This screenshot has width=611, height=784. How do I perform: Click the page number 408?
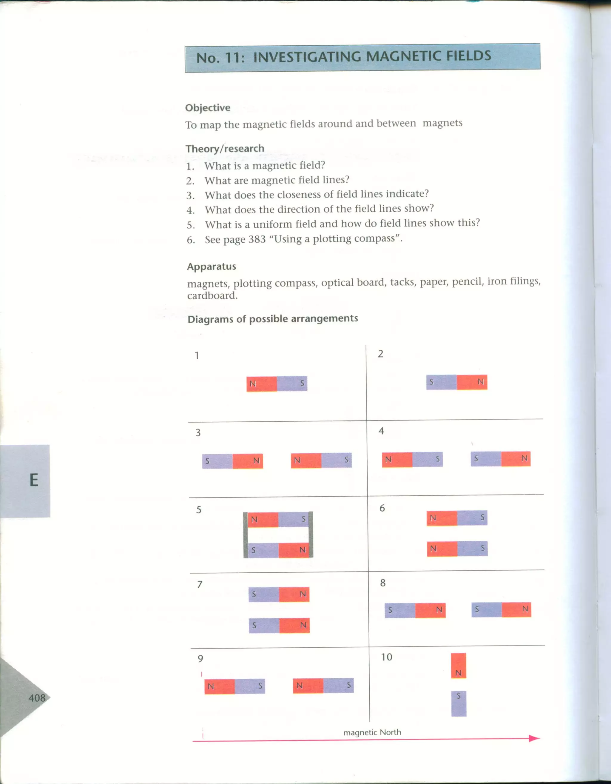coord(37,698)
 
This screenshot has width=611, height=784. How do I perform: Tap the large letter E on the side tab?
coord(34,480)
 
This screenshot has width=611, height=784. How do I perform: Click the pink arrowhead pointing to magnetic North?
coord(534,738)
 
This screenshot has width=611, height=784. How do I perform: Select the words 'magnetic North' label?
coord(372,732)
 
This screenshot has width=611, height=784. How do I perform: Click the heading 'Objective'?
coord(208,108)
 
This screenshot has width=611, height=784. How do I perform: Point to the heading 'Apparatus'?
coord(211,267)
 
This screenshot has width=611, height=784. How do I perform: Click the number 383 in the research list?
coord(257,239)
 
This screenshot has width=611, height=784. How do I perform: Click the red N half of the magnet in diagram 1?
coord(262,384)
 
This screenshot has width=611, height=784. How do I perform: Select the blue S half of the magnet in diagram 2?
coord(441,382)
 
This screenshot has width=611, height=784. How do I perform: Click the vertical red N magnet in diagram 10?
coord(459,666)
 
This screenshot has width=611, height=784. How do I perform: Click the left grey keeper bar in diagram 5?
coord(246,535)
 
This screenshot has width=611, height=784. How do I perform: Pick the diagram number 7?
coord(200,584)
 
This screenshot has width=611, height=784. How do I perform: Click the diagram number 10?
coord(386,657)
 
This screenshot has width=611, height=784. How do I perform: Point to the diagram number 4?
coord(381,431)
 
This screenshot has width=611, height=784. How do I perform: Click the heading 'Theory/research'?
coord(225,148)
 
